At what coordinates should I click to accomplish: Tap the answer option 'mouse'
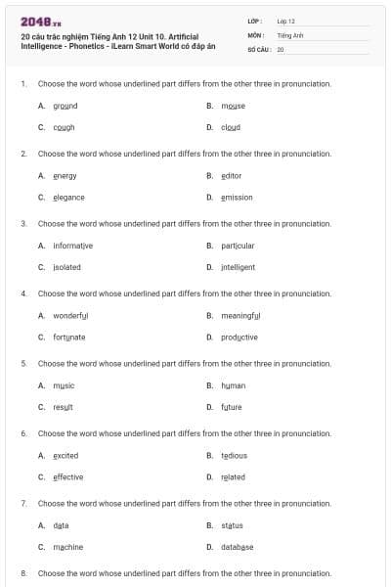[x=233, y=106]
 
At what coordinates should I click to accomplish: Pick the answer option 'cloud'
[x=231, y=127]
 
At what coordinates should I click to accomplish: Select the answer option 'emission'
[x=237, y=198]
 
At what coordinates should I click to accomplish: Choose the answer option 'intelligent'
[x=238, y=267]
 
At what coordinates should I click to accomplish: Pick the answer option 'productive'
[x=239, y=338]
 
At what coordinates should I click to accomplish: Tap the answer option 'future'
[x=231, y=407]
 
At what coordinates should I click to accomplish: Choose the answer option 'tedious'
[x=234, y=456]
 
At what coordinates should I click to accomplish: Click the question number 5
[x=23, y=363]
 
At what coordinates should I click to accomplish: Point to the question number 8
[x=23, y=572]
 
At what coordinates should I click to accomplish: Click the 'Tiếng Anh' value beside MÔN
[x=290, y=34]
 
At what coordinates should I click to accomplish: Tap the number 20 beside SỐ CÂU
[x=281, y=48]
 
